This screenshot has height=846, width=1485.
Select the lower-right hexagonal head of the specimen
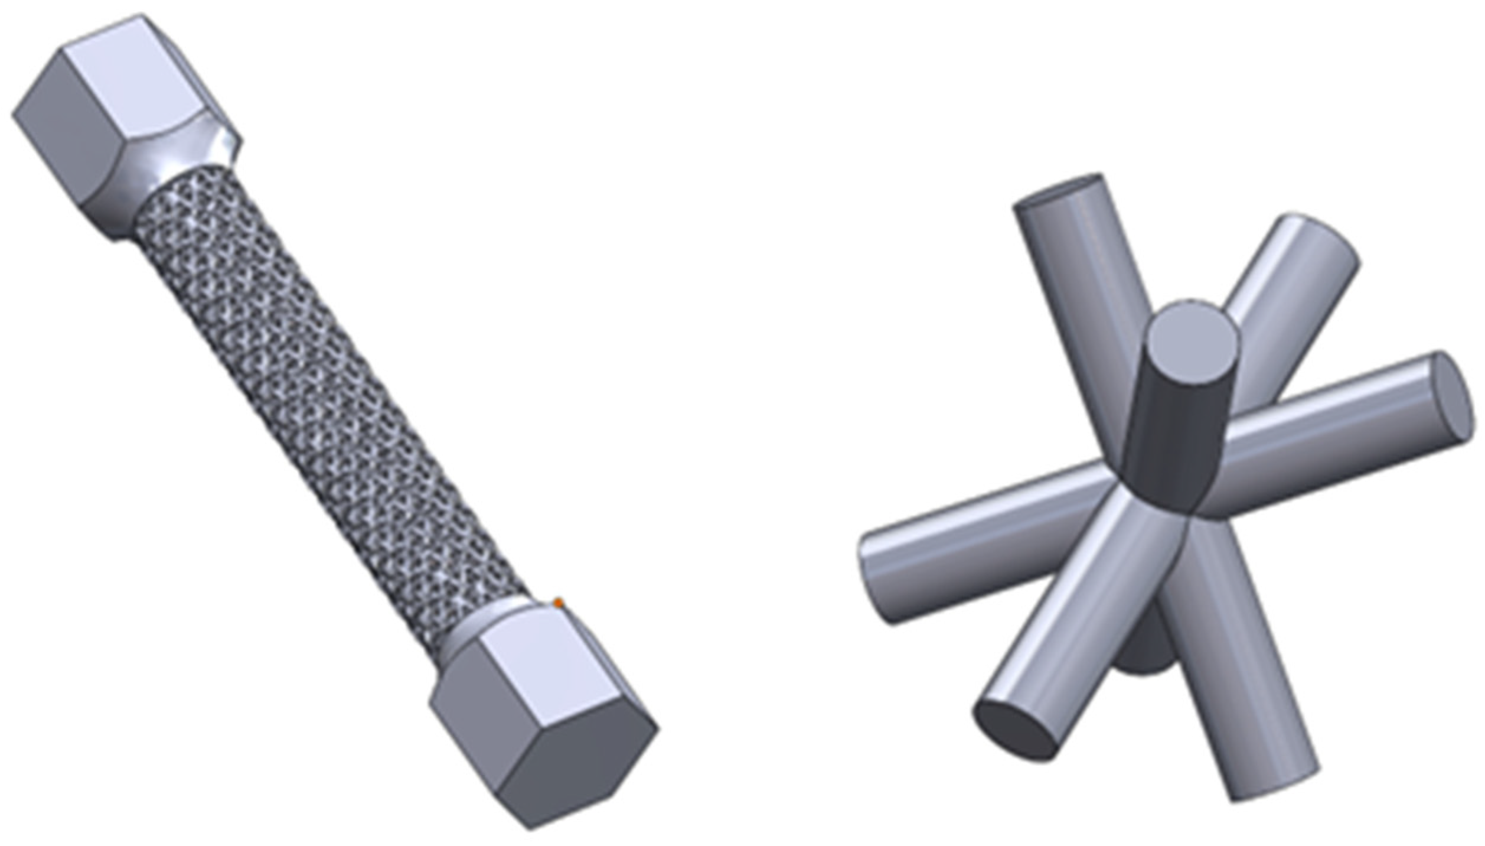[x=543, y=715]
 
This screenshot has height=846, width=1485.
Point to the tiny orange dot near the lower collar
[x=558, y=603]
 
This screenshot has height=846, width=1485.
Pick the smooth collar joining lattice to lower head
[x=490, y=626]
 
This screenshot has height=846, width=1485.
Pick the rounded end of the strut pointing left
[x=871, y=582]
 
